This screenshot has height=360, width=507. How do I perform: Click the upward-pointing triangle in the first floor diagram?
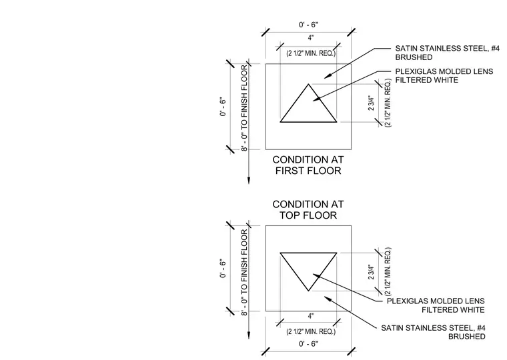tap(294, 103)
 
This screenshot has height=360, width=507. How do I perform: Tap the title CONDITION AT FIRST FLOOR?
tap(308, 165)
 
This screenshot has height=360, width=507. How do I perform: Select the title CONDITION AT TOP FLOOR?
tap(308, 210)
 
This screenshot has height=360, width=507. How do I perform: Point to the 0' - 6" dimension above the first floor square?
tap(308, 25)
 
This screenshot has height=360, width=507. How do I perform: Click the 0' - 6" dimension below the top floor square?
tap(308, 343)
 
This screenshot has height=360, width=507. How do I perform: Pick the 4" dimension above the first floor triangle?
tap(311, 38)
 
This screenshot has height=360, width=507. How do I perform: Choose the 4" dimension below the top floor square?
tap(311, 316)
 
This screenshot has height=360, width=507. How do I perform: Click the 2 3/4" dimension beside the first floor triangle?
tap(371, 103)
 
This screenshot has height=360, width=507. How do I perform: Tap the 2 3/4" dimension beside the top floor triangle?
tap(371, 272)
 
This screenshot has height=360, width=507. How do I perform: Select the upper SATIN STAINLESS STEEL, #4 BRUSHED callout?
tap(447, 53)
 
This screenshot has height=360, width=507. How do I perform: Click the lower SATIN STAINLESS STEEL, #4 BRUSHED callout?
tap(433, 332)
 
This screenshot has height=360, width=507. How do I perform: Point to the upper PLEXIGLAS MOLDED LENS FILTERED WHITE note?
tap(444, 75)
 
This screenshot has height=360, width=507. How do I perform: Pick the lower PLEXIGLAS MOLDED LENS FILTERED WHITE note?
tap(436, 305)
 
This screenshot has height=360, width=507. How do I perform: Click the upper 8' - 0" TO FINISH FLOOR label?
tap(244, 107)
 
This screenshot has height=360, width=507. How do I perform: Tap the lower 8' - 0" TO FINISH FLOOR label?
tap(244, 273)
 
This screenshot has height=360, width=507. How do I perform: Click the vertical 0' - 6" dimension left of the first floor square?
tap(223, 107)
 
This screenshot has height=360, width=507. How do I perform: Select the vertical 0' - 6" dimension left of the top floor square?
tap(223, 268)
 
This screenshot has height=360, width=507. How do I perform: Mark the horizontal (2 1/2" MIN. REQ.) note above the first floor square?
tap(311, 53)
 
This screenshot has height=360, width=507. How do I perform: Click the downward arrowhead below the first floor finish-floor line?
tap(249, 180)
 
